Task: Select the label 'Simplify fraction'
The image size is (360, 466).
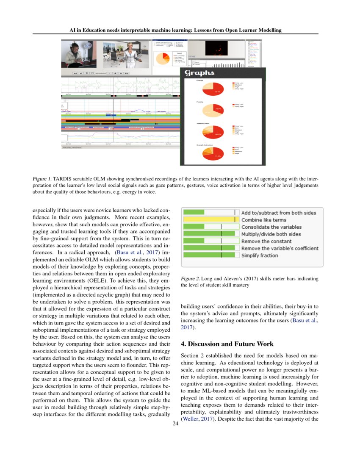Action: (260, 255)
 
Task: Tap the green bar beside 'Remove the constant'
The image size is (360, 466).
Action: (194, 241)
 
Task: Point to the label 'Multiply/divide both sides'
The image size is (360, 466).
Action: (271, 234)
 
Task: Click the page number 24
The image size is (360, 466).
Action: (175, 423)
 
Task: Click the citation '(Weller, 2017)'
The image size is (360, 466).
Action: (199, 419)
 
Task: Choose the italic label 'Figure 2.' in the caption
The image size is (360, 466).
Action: (190, 279)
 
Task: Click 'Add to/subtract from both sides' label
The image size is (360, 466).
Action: (278, 213)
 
